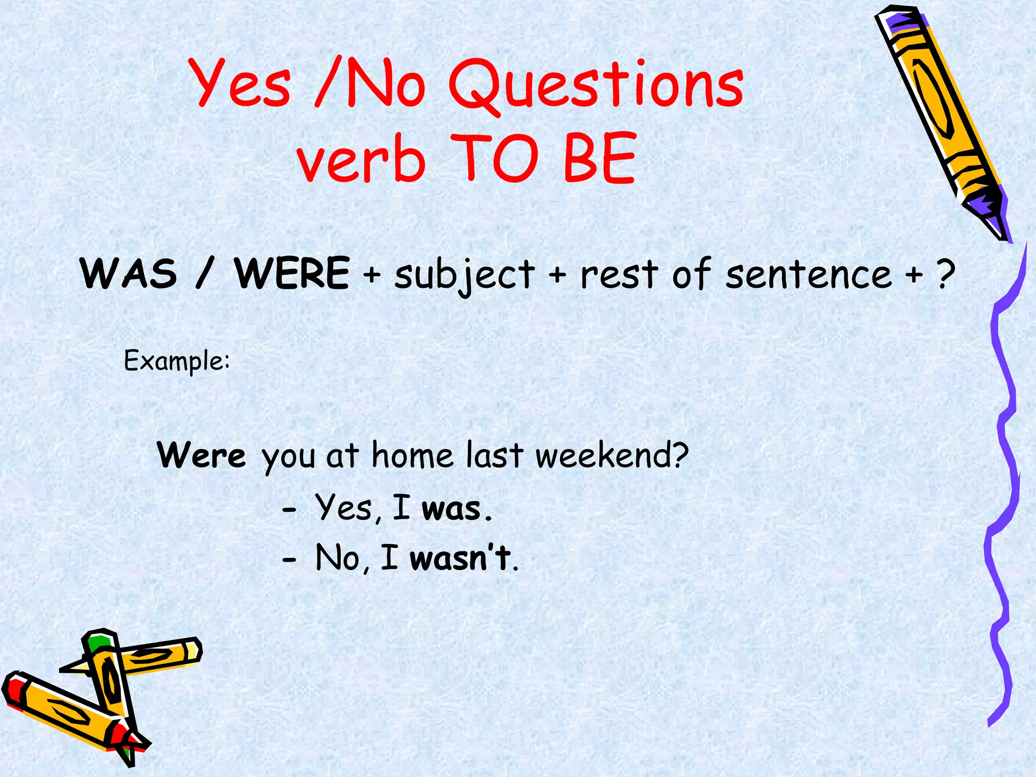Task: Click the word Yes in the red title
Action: [x=242, y=83]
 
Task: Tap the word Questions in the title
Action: [x=596, y=85]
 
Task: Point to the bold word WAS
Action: [x=129, y=274]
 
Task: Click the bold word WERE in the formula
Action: [x=292, y=274]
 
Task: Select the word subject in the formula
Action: [x=464, y=276]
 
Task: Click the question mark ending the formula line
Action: [x=945, y=274]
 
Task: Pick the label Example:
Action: [x=177, y=361]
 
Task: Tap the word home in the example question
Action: [x=412, y=455]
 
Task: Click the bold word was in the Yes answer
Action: [x=451, y=509]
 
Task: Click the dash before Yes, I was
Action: [x=289, y=511]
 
